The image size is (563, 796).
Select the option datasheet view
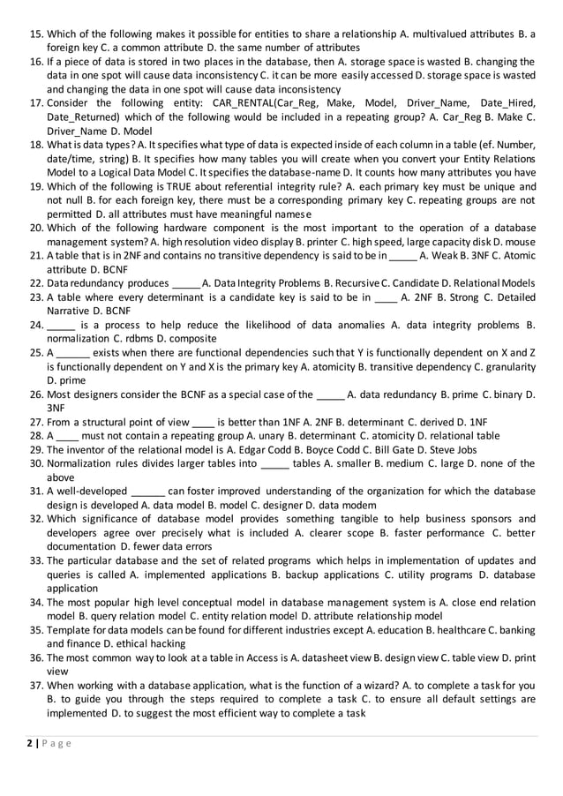333,657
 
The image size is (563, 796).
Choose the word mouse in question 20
518,242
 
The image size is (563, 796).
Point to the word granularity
507,366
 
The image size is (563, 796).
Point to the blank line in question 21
402,256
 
